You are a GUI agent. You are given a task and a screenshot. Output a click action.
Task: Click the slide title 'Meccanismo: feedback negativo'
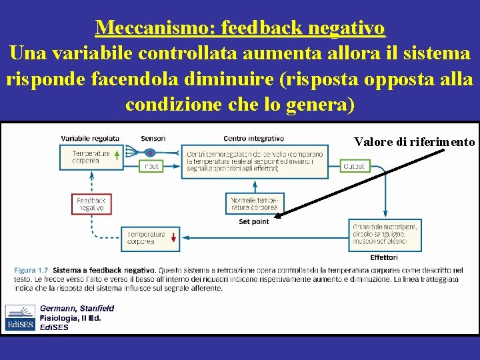click(x=240, y=28)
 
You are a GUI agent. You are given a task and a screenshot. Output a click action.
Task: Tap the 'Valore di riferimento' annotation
click(x=414, y=142)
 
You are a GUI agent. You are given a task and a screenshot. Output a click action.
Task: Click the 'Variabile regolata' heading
click(x=90, y=138)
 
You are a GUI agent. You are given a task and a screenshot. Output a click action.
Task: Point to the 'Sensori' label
click(x=153, y=138)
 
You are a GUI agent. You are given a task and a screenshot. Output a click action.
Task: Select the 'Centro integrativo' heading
click(x=253, y=138)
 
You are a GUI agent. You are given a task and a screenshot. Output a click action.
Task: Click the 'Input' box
click(x=151, y=166)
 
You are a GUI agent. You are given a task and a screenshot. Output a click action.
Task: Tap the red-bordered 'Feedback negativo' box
click(x=91, y=204)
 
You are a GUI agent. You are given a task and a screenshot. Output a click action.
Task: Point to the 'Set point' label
click(x=253, y=221)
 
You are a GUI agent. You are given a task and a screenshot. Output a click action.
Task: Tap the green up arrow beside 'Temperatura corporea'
click(x=117, y=156)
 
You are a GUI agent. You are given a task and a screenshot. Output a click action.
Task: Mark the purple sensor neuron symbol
click(x=150, y=153)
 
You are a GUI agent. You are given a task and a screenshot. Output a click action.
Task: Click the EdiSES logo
click(x=20, y=317)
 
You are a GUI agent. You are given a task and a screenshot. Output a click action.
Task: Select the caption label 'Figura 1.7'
click(x=31, y=270)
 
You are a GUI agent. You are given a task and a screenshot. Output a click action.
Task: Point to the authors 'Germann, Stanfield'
click(x=77, y=308)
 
